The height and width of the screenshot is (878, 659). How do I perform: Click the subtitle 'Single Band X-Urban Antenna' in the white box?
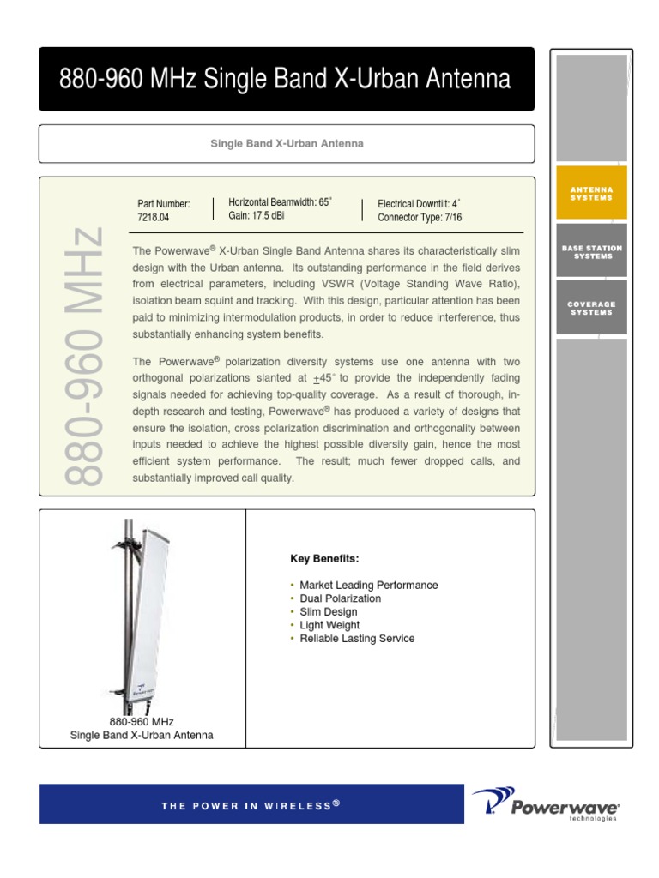click(287, 143)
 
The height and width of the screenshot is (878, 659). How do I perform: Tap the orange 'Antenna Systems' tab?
click(591, 193)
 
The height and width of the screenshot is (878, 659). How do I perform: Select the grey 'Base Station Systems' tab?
click(591, 251)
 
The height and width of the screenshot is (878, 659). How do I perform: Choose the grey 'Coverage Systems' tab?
click(591, 308)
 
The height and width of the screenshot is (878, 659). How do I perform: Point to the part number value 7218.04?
click(154, 218)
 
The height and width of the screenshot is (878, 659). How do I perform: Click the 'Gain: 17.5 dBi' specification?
click(257, 215)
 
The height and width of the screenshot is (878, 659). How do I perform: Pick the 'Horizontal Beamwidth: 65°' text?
click(280, 202)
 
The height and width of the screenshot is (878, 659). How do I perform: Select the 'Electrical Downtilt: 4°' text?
click(419, 204)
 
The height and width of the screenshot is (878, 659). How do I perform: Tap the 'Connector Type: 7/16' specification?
click(420, 218)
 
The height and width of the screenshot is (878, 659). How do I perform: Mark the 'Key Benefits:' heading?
click(324, 559)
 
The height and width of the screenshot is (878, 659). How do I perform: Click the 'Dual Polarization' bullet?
click(340, 598)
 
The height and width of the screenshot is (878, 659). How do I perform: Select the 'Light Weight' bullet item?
click(329, 625)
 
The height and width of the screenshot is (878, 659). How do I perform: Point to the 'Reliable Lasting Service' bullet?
click(357, 639)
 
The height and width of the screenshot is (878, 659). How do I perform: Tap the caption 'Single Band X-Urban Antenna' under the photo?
click(142, 736)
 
